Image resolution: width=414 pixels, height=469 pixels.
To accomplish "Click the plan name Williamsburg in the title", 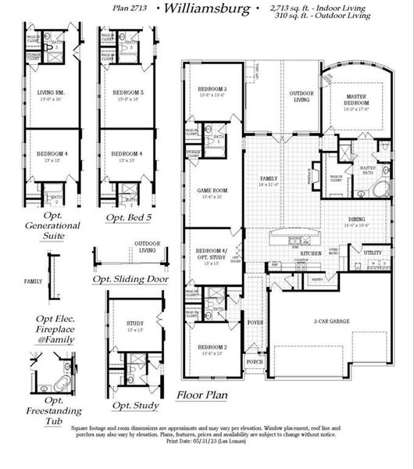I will click(x=209, y=9).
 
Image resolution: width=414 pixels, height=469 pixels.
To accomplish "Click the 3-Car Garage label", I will click(x=331, y=320).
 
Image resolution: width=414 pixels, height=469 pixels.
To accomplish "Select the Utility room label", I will click(x=373, y=253).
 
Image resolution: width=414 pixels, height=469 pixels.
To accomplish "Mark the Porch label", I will click(x=255, y=362).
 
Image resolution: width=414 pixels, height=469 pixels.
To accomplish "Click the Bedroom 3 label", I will click(x=212, y=90).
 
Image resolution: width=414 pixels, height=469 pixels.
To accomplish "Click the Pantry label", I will click(x=317, y=278).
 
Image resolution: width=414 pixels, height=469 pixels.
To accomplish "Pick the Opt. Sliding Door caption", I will click(x=130, y=278).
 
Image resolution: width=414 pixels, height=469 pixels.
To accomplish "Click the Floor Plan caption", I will click(x=202, y=396).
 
